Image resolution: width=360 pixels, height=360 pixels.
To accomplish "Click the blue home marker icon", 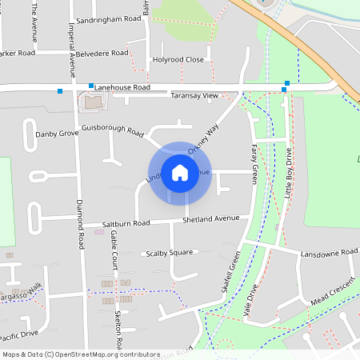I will [180, 172].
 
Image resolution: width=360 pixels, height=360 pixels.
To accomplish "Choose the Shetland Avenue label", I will [211, 218].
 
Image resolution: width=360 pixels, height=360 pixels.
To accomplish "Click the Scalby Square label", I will [170, 253].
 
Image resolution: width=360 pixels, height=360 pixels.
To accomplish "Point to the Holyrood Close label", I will [178, 59].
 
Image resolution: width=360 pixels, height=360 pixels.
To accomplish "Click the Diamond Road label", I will [81, 224].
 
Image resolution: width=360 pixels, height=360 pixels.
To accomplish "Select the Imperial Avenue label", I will [72, 44].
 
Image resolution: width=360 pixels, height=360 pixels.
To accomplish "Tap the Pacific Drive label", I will [19, 334].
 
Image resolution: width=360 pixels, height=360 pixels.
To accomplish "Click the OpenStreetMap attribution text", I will [81, 354].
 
